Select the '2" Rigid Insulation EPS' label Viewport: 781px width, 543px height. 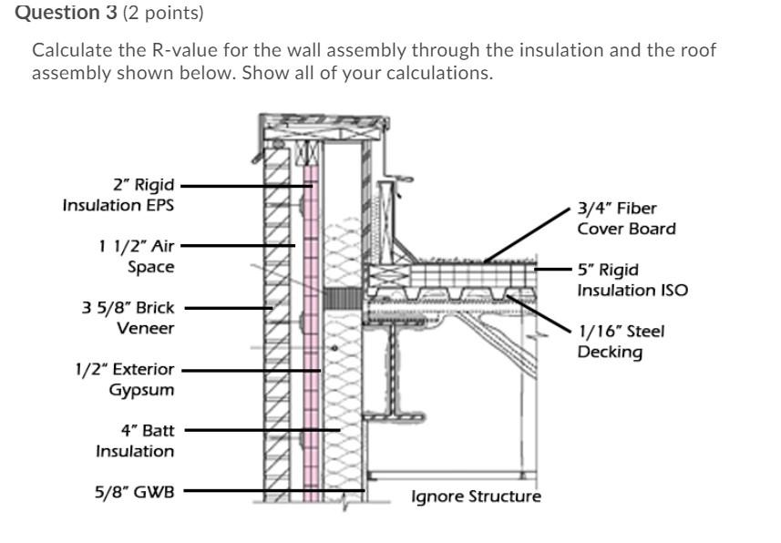(x=118, y=195)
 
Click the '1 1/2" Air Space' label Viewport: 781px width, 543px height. (x=136, y=256)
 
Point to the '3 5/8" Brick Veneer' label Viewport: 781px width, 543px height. (x=128, y=318)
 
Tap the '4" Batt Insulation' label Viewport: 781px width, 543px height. (x=135, y=440)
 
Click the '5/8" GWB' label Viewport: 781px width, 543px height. (x=134, y=492)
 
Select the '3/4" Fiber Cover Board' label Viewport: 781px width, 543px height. (x=626, y=219)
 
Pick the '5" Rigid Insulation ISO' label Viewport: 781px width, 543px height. (x=632, y=280)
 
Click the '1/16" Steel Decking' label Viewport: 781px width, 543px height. (x=621, y=341)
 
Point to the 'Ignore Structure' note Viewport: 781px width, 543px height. (x=476, y=497)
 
